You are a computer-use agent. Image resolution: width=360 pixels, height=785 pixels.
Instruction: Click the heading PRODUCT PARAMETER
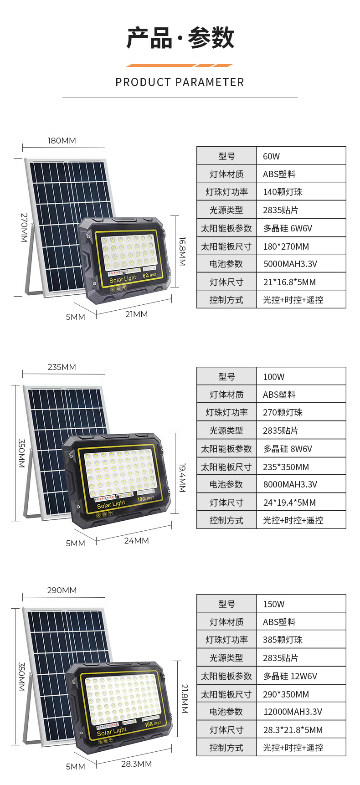pos(180,82)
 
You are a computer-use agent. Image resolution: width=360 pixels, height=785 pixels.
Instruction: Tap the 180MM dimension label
pos(62,141)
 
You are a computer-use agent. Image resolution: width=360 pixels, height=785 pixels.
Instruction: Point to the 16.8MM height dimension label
pos(182,251)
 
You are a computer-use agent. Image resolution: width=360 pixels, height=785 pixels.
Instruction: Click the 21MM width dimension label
pos(136,314)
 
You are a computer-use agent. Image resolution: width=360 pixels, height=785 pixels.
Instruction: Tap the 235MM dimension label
pos(62,367)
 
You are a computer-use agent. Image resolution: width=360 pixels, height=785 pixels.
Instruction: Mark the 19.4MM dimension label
pos(182,478)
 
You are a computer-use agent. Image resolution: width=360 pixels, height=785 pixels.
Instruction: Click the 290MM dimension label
pos(62,590)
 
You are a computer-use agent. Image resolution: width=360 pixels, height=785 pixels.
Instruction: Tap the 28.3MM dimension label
pos(136,764)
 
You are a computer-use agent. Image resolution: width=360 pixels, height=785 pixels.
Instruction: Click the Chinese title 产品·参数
pos(180,38)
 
